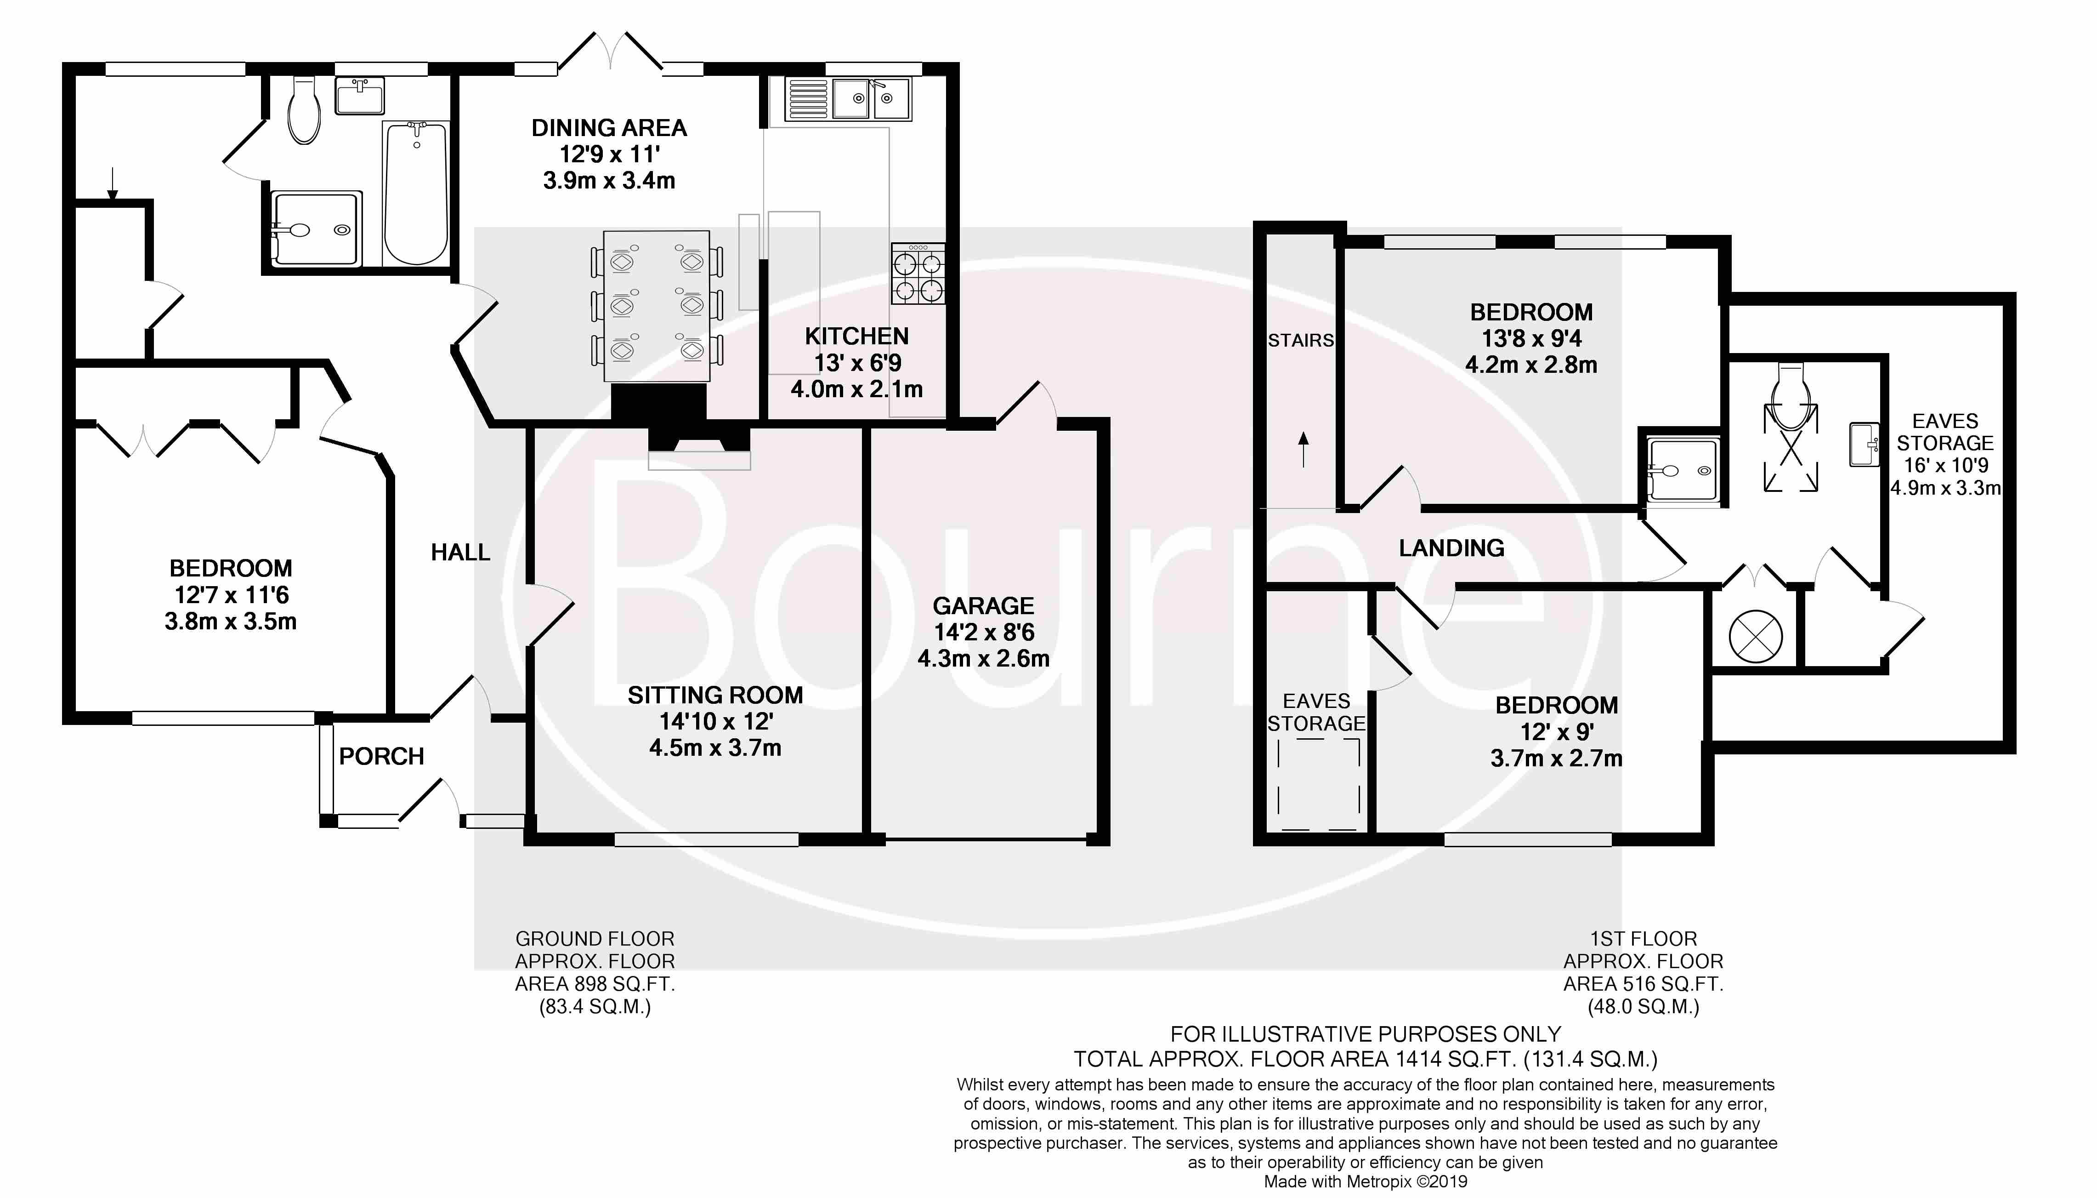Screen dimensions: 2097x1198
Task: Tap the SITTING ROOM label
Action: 714,695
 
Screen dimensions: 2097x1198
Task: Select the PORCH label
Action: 381,756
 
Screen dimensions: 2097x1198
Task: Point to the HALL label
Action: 460,552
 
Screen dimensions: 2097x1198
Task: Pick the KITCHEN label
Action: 857,336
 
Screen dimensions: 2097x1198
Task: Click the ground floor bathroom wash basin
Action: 359,96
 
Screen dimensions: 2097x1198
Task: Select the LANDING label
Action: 1451,548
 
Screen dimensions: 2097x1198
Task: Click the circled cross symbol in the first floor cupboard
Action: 1756,636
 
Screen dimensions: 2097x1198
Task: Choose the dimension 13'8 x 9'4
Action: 1531,338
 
